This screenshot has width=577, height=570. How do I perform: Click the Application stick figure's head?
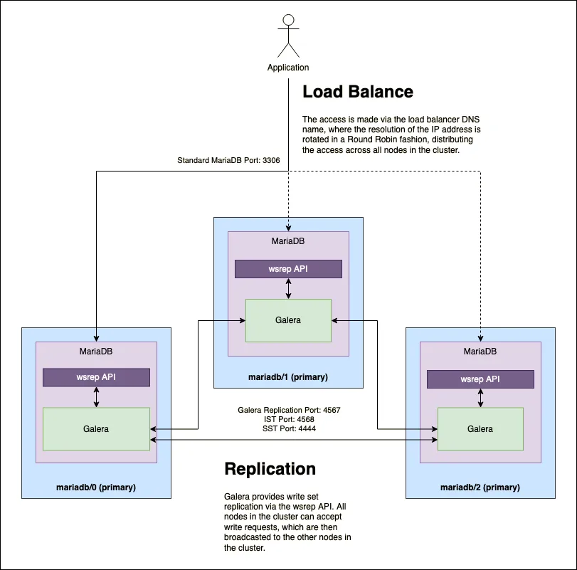click(288, 20)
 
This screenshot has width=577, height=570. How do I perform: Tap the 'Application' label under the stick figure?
click(288, 68)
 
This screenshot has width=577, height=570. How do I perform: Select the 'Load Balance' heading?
click(358, 92)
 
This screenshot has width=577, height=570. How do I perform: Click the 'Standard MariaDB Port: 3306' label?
click(228, 161)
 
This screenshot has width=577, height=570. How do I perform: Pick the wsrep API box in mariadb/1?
click(288, 269)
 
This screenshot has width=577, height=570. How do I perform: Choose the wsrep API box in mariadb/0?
click(96, 377)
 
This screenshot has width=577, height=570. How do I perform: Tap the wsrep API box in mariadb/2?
click(480, 379)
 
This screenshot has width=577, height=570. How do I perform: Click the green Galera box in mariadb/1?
click(288, 320)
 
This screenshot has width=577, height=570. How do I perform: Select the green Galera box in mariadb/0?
click(96, 429)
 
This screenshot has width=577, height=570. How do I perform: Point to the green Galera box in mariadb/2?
click(480, 429)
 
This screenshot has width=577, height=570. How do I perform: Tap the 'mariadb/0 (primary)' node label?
click(96, 487)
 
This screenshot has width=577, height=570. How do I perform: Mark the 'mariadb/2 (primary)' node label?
click(480, 487)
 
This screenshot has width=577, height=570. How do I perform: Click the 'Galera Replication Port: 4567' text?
click(288, 411)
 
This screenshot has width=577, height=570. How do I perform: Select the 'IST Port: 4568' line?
click(288, 420)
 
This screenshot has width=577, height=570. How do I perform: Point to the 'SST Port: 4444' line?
click(288, 429)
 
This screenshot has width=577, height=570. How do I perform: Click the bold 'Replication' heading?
click(270, 469)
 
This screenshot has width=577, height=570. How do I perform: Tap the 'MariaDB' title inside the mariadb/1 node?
click(288, 241)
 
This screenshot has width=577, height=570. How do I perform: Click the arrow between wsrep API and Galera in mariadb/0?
click(96, 397)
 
